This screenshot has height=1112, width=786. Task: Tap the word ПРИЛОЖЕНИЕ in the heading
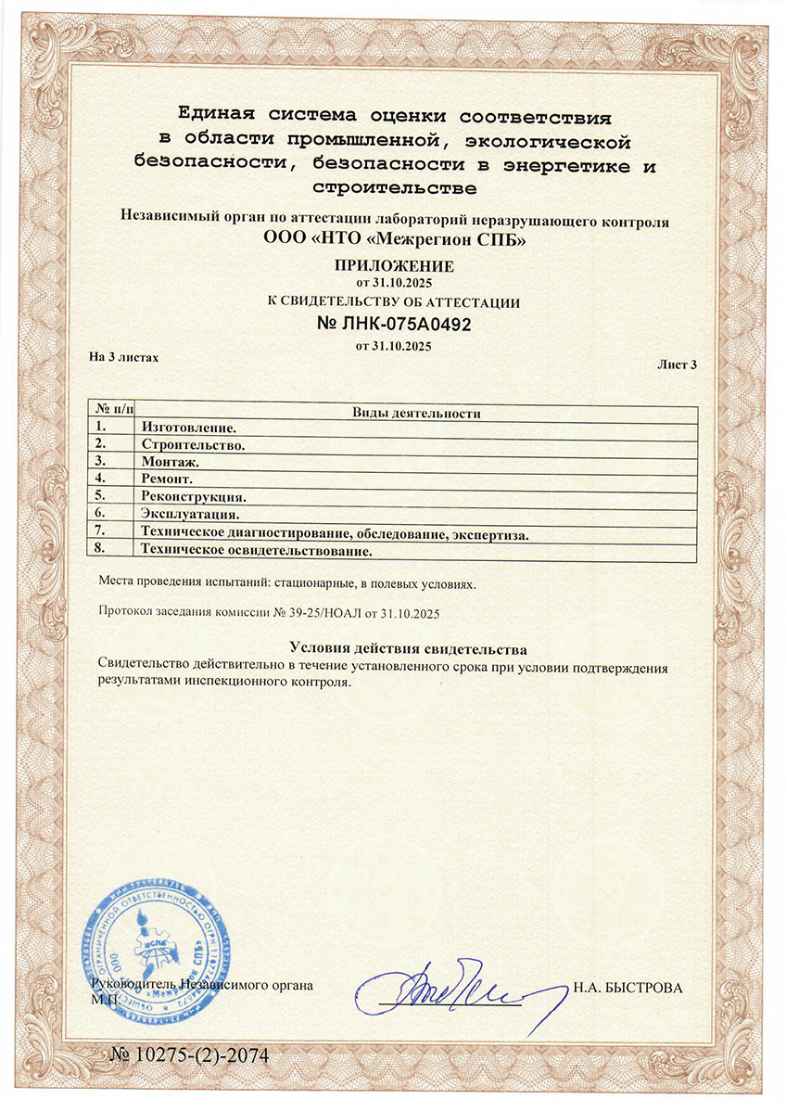point(395,265)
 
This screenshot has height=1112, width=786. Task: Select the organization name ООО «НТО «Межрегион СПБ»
point(395,239)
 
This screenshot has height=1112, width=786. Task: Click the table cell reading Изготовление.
point(188,428)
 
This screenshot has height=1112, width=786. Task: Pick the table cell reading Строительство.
point(193,444)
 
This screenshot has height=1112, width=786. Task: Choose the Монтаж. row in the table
point(170,461)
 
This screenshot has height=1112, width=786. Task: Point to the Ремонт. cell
point(167,479)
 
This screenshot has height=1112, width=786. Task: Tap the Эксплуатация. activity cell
point(190,513)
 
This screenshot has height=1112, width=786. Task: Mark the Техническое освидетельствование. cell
point(255,551)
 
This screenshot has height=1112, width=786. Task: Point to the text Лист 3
point(677,365)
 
